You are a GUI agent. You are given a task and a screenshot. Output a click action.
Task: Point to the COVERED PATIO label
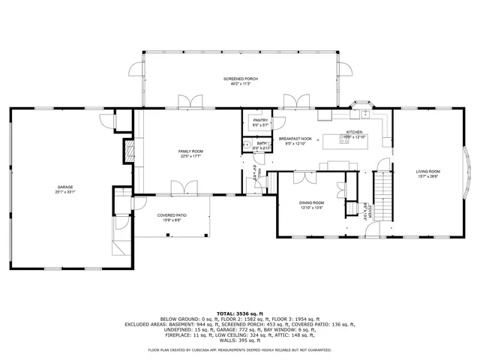click(172, 215)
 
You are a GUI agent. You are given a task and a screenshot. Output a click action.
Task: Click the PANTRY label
click(260, 120)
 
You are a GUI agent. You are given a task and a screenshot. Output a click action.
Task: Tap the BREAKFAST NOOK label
click(295, 138)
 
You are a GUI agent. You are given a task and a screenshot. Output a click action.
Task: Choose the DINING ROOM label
click(312, 202)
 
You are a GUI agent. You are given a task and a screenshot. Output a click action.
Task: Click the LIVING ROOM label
click(428, 171)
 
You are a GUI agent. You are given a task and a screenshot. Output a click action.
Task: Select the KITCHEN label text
click(354, 130)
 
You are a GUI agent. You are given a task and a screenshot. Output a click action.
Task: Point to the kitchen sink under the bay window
click(365, 114)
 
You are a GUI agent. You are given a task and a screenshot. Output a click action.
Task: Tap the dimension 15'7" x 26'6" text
click(428, 177)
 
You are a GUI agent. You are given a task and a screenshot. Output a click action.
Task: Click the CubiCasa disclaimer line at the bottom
click(239, 349)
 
